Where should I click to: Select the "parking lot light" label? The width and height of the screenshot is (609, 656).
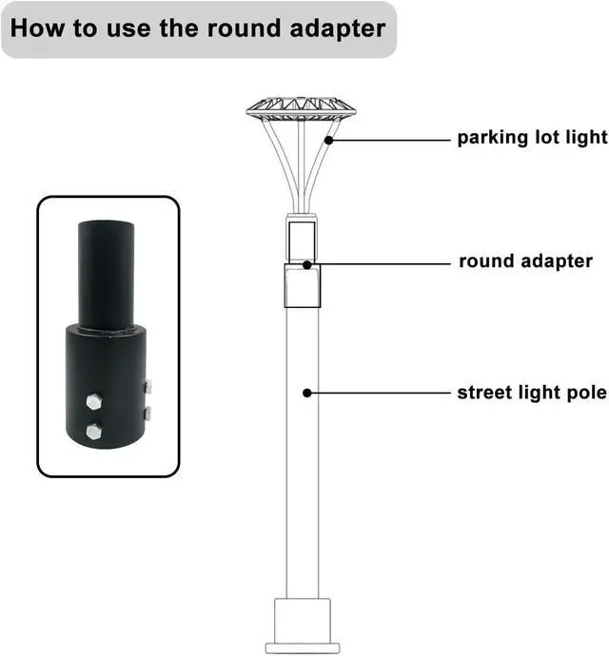click(532, 138)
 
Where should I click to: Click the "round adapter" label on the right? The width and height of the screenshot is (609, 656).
click(526, 261)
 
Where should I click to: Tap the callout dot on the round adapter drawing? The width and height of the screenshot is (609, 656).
click(305, 264)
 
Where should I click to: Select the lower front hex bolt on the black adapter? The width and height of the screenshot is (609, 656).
click(94, 432)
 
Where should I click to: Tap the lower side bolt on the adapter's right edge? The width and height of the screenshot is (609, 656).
click(147, 414)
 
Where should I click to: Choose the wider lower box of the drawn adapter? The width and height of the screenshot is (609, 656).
click(302, 287)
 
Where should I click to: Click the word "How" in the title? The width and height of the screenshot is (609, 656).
click(35, 28)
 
